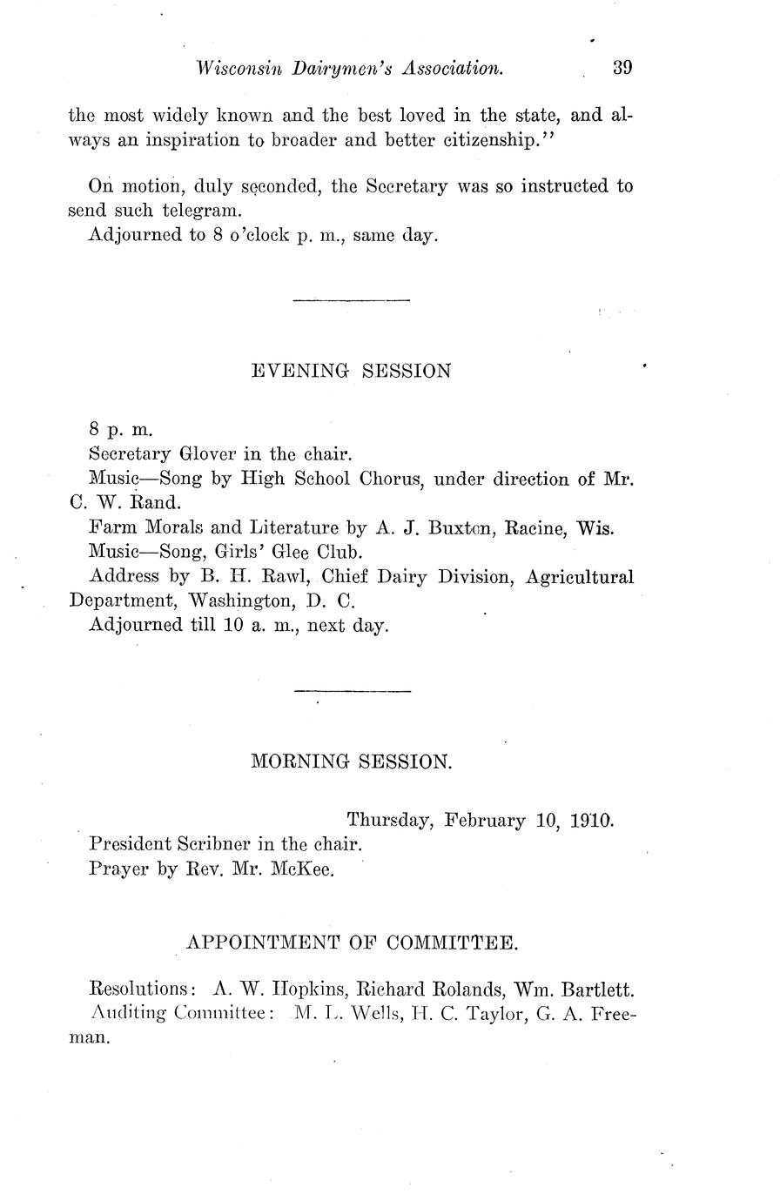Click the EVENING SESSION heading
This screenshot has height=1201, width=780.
[351, 371]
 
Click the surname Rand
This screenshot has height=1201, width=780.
[154, 502]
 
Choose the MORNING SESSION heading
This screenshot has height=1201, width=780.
[352, 762]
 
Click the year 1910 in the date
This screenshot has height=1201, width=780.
[592, 820]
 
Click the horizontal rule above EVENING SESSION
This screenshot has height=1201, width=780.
[352, 301]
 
